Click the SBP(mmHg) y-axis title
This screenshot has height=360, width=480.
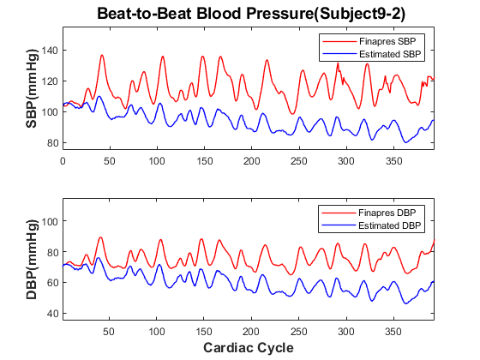32,88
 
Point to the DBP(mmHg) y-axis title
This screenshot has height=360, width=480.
32,259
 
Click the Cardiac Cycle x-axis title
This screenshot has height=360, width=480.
249,348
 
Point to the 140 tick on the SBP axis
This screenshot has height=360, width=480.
50,51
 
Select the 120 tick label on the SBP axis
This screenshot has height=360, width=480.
50,81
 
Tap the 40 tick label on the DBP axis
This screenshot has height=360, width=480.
52,313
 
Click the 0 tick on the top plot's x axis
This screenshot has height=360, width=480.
63,161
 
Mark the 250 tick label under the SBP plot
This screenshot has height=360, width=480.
299,161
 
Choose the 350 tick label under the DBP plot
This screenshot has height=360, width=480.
393,332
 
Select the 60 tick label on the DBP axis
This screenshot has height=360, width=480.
52,282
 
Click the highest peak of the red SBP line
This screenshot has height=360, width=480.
102,55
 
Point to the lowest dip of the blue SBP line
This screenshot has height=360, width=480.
406,142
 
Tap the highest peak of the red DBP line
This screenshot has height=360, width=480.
100,237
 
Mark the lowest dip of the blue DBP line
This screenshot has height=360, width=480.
406,303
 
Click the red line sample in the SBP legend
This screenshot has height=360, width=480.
339,41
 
